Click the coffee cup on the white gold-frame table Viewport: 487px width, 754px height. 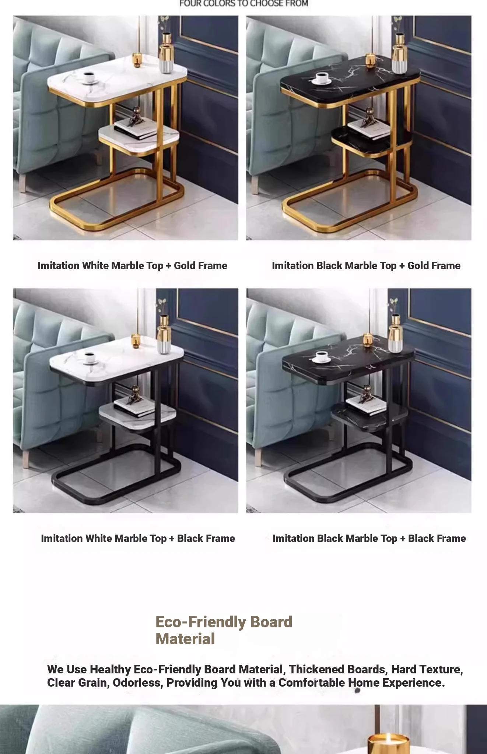(x=88, y=78)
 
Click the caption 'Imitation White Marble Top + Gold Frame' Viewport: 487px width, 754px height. (x=132, y=265)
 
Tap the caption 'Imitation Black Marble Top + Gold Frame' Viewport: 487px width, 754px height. (x=366, y=265)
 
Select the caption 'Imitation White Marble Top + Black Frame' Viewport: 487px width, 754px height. (x=138, y=538)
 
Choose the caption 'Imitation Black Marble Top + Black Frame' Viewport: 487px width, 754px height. (x=369, y=538)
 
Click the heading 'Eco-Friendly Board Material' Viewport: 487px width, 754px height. (x=224, y=630)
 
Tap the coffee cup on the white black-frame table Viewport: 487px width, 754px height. (x=90, y=357)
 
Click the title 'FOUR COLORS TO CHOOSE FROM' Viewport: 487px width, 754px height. (x=244, y=4)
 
